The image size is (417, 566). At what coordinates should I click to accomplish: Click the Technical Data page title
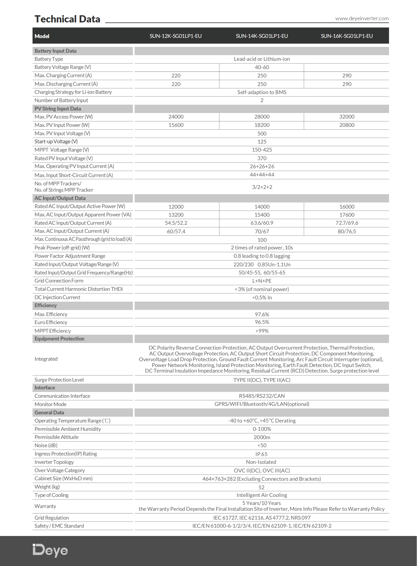pyautogui.click(x=67, y=19)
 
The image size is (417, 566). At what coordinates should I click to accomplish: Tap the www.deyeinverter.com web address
pyautogui.click(x=362, y=18)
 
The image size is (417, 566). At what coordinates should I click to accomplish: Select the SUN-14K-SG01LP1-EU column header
pyautogui.click(x=262, y=36)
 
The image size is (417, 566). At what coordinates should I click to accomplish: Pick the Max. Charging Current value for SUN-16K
pyautogui.click(x=347, y=75)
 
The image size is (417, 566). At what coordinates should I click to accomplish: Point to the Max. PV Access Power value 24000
pyautogui.click(x=176, y=117)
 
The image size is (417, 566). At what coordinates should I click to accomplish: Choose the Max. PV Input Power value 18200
pyautogui.click(x=262, y=125)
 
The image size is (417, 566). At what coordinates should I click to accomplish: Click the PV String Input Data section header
pyautogui.click(x=58, y=109)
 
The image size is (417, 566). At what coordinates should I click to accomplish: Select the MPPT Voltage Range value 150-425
pyautogui.click(x=262, y=150)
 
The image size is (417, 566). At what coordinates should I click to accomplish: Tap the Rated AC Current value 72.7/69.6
pyautogui.click(x=347, y=223)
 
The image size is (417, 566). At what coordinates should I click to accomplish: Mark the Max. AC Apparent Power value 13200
pyautogui.click(x=176, y=215)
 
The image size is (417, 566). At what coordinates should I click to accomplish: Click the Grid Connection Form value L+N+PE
pyautogui.click(x=262, y=281)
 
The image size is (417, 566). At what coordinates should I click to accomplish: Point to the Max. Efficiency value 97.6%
pyautogui.click(x=262, y=315)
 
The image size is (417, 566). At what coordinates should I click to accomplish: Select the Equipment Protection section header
pyautogui.click(x=59, y=339)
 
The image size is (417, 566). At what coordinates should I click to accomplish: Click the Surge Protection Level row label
pyautogui.click(x=59, y=380)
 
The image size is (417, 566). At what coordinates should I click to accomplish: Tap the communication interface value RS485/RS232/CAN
pyautogui.click(x=262, y=396)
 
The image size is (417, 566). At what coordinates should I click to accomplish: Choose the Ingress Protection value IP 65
pyautogui.click(x=261, y=454)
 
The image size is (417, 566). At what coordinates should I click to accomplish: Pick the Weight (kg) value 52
pyautogui.click(x=261, y=488)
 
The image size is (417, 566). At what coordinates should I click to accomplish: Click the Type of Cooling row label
pyautogui.click(x=51, y=495)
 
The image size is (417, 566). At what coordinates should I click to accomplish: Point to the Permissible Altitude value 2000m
pyautogui.click(x=262, y=437)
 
